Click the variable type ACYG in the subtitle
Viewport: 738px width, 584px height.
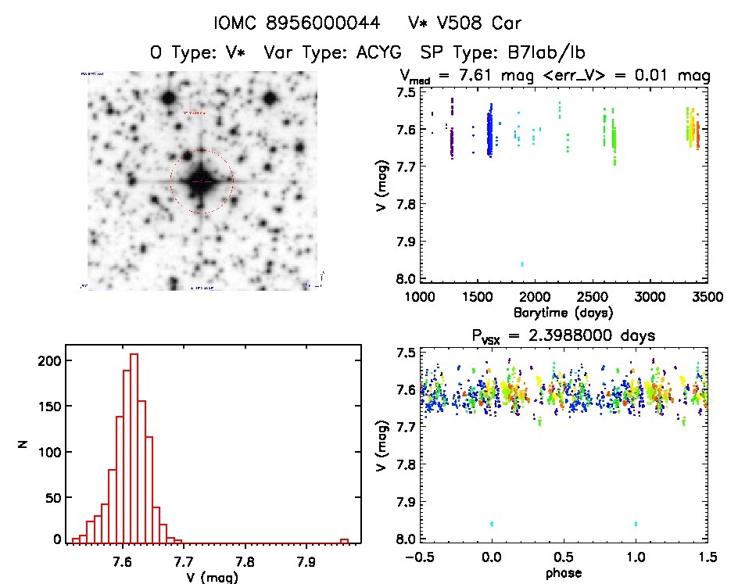pyautogui.click(x=378, y=53)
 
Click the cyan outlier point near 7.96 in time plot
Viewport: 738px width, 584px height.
pyautogui.click(x=522, y=263)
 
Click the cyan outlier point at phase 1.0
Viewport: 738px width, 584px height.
pyautogui.click(x=636, y=523)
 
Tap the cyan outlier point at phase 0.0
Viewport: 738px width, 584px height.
pyautogui.click(x=492, y=523)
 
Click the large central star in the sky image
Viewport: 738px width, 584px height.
pyautogui.click(x=201, y=181)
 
